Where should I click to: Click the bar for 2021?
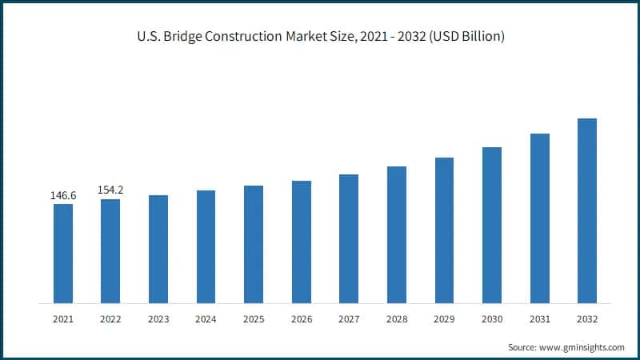(63, 254)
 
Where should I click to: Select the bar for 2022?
(110, 251)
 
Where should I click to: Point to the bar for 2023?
(158, 249)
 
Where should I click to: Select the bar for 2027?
(349, 238)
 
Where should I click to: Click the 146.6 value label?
(63, 194)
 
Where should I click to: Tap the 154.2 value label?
(110, 190)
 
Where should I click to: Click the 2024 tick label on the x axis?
(206, 319)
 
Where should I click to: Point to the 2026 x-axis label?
(301, 319)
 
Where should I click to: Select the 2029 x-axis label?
(444, 319)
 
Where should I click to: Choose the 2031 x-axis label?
(539, 319)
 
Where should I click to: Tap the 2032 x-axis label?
(587, 319)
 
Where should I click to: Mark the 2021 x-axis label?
(63, 319)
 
